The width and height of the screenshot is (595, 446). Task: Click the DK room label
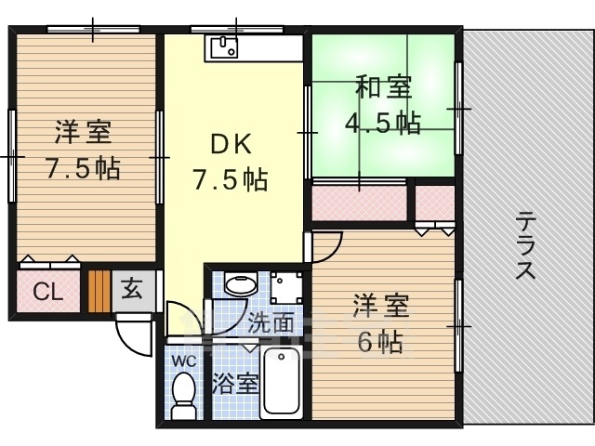(x=230, y=145)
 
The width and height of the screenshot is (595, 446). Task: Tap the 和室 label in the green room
(x=381, y=90)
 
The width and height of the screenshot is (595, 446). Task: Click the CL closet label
(x=47, y=292)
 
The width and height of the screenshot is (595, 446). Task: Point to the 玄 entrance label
(x=132, y=290)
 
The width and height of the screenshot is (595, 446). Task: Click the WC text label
(x=181, y=359)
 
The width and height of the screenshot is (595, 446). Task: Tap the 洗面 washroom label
(x=271, y=323)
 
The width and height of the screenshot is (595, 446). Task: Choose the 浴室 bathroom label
(x=234, y=383)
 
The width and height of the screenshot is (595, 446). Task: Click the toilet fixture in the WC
(x=184, y=394)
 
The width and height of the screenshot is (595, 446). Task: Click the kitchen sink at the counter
(x=224, y=46)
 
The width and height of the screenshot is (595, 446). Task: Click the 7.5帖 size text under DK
(x=230, y=177)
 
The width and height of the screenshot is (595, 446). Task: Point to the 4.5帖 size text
(x=381, y=122)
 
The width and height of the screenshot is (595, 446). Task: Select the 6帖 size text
(x=380, y=342)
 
